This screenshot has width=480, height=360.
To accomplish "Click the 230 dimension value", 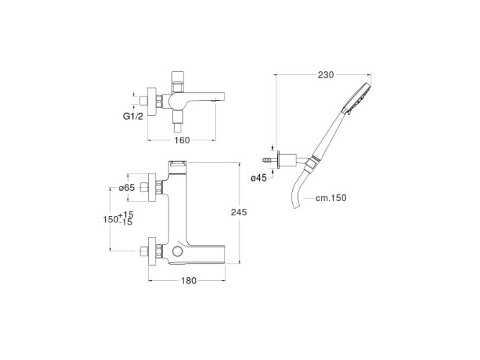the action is click(326, 75).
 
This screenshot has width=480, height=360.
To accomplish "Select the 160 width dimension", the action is click(182, 140).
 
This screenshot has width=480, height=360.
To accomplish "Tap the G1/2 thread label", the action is click(133, 116).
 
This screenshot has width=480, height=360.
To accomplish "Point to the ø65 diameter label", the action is click(127, 187).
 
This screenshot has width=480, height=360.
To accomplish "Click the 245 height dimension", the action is click(239, 212).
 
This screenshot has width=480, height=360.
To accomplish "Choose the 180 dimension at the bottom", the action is click(189, 280).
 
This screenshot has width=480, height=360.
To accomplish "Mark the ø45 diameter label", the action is click(258, 178).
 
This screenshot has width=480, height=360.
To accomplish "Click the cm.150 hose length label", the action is click(331, 198).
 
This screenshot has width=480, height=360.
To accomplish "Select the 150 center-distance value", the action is click(111, 220).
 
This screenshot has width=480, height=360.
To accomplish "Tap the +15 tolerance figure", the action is click(126, 214).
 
